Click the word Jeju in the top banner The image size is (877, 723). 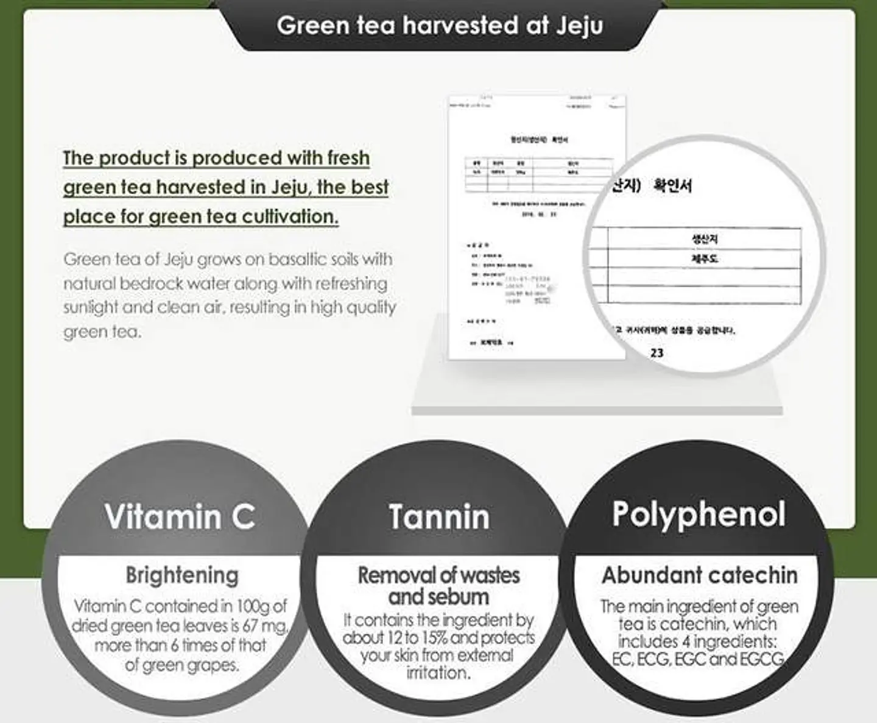[579, 26]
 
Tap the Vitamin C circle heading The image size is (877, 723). [180, 516]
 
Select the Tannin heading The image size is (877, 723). [439, 517]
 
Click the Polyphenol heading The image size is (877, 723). [699, 514]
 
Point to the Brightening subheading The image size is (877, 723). [182, 575]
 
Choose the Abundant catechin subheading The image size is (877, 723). [699, 575]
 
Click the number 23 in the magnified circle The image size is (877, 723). [657, 353]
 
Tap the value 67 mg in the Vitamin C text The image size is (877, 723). [269, 626]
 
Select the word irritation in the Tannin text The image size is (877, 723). [438, 673]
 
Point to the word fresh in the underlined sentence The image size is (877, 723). [348, 158]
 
